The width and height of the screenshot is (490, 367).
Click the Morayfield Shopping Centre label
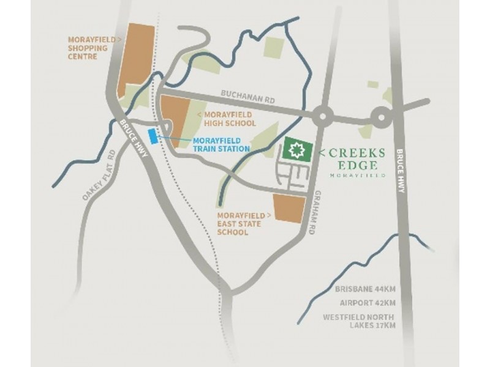92,48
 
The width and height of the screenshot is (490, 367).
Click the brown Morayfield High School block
176,119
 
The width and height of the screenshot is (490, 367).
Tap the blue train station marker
153,135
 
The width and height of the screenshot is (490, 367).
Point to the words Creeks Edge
358,158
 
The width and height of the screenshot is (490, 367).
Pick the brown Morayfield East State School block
288,209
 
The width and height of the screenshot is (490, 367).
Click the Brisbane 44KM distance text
365,289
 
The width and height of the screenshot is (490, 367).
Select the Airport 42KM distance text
367,303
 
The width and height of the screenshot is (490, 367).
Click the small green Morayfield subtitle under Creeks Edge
358,175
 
